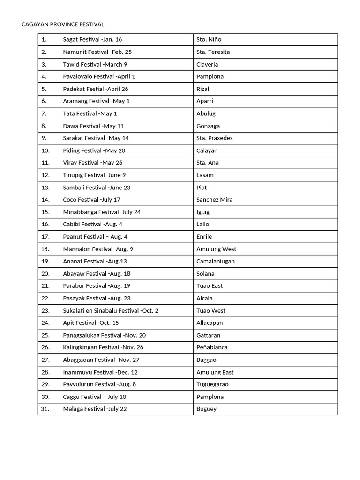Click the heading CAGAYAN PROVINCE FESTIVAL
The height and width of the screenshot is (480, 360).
tap(63, 24)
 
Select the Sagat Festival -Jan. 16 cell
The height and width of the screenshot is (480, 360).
tap(92, 40)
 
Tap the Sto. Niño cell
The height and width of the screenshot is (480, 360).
tap(209, 40)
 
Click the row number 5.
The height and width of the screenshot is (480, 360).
tap(44, 89)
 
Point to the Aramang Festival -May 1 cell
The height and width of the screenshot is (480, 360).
tap(96, 101)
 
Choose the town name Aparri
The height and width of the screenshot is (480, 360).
tap(206, 101)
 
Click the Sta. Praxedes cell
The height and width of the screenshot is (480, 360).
tap(215, 138)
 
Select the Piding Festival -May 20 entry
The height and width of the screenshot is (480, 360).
tap(94, 150)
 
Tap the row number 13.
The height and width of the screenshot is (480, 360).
tap(45, 187)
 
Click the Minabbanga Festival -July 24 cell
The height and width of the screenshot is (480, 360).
tap(102, 212)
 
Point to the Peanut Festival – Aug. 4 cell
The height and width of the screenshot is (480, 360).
tap(95, 237)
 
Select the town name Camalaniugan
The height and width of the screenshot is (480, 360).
tap(216, 261)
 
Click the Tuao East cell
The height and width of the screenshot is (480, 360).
tap(210, 286)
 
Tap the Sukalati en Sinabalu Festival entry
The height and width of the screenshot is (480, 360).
tap(111, 311)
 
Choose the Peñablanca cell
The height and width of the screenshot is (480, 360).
tap(212, 347)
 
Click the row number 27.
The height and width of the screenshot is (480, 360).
tap(45, 360)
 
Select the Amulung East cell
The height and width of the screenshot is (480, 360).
tap(215, 372)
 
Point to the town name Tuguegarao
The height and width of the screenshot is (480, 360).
tap(212, 384)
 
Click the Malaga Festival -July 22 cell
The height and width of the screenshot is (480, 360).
tap(95, 409)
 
